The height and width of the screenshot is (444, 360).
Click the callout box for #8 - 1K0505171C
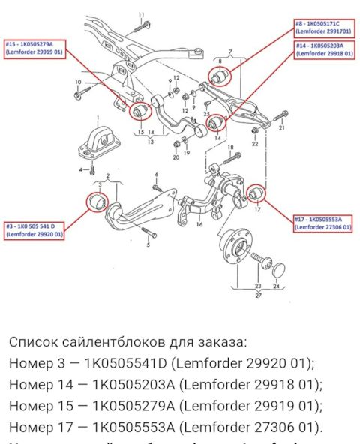point(322,28)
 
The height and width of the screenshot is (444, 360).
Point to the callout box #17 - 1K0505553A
point(323,221)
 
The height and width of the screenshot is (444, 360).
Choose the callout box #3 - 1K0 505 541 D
point(34,231)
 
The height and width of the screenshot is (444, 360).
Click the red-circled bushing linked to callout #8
point(221,76)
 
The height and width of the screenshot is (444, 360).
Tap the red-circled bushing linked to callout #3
point(96,202)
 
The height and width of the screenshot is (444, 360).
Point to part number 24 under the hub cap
point(277,286)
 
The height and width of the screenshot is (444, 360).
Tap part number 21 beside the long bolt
point(282,128)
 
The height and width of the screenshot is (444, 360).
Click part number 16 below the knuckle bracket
point(199,223)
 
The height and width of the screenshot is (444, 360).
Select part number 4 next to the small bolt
point(82,170)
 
